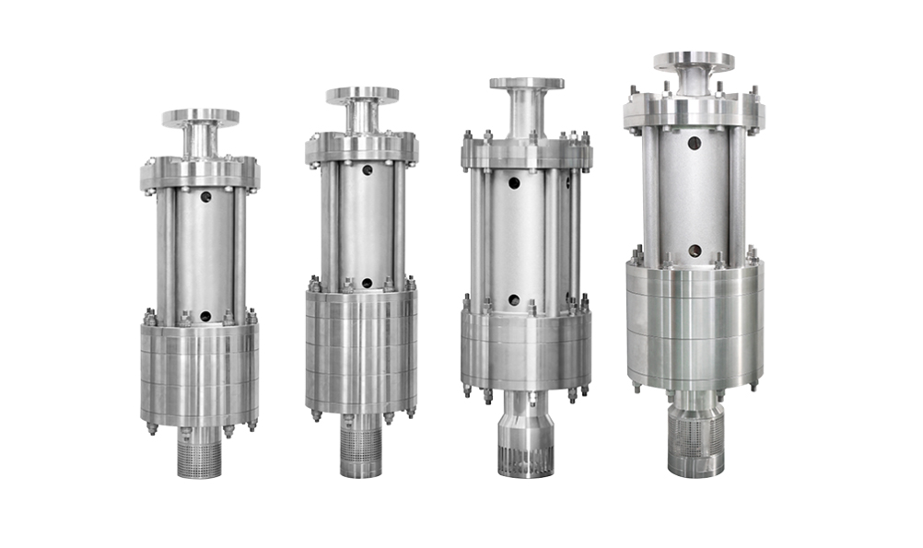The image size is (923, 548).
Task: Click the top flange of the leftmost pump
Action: click(x=201, y=117)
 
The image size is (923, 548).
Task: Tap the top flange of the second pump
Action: click(x=362, y=95)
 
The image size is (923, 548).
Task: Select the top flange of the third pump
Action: click(x=526, y=84)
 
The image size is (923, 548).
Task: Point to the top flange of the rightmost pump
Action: click(x=694, y=62)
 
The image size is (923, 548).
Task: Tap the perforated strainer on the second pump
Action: click(x=361, y=450)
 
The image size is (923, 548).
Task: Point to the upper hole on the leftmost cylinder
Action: click(x=205, y=197)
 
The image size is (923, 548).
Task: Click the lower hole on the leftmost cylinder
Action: click(x=205, y=316)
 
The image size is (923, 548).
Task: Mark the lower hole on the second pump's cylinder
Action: click(x=367, y=284)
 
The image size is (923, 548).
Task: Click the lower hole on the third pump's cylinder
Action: click(x=514, y=300)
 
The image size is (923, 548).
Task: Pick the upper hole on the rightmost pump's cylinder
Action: click(x=694, y=144)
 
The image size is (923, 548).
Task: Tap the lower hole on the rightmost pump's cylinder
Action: click(x=694, y=251)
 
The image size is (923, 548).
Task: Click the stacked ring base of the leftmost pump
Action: click(x=200, y=373)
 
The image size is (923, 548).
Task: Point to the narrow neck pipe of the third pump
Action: click(x=526, y=114)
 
